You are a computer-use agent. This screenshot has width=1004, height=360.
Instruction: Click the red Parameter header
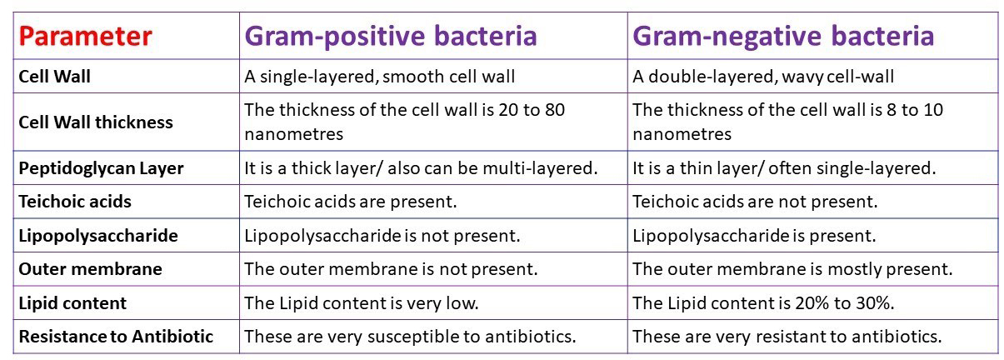tap(85, 37)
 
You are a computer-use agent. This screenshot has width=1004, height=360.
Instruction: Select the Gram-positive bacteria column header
tap(390, 37)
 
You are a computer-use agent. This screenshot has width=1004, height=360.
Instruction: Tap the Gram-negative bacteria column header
tap(783, 37)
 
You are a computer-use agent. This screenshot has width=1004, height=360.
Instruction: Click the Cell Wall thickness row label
tap(96, 122)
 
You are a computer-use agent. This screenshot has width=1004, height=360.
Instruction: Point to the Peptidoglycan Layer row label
tap(101, 168)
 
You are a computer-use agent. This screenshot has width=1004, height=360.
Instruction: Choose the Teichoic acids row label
tap(75, 202)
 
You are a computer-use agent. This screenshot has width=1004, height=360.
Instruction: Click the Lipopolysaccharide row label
tap(98, 236)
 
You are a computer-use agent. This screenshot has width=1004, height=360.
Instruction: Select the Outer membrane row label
tap(90, 269)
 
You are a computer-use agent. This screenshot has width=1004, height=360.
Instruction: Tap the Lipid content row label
tap(72, 303)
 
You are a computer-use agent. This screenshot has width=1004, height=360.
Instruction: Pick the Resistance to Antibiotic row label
tap(116, 337)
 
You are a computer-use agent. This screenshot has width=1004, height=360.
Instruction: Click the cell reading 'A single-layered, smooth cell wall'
tap(380, 77)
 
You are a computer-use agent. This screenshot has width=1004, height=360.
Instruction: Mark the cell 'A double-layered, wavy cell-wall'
tap(763, 77)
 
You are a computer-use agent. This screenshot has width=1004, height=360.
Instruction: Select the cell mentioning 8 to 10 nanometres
tap(787, 122)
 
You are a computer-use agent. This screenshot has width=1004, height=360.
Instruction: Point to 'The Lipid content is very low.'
tap(360, 303)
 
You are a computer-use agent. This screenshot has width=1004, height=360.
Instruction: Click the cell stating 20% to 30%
tap(763, 303)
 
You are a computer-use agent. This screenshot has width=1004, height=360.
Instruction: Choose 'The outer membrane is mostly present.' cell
tap(792, 269)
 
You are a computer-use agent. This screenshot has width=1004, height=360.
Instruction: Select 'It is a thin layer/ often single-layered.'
tap(783, 168)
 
